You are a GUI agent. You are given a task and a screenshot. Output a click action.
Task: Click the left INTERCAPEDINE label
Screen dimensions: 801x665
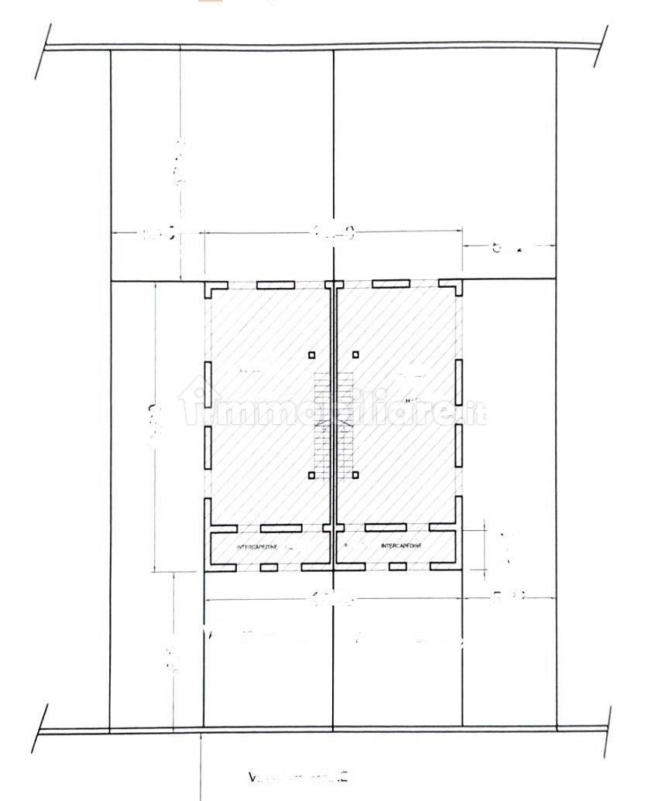pyautogui.click(x=256, y=547)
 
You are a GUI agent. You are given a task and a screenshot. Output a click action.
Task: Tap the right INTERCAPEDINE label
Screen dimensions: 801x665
pyautogui.click(x=402, y=546)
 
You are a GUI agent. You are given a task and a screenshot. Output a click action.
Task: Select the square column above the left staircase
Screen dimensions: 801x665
pyautogui.click(x=312, y=355)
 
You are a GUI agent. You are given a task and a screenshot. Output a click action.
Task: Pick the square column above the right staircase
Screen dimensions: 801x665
pyautogui.click(x=356, y=355)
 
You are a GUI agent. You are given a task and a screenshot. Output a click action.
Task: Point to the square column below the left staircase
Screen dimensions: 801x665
pyautogui.click(x=312, y=475)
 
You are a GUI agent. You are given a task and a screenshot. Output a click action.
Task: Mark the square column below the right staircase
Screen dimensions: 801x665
pyautogui.click(x=356, y=475)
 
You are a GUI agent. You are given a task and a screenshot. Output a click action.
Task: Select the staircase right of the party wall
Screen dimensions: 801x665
pyautogui.click(x=345, y=422)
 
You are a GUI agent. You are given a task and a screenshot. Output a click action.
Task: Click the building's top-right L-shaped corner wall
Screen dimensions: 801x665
pyautogui.click(x=456, y=288)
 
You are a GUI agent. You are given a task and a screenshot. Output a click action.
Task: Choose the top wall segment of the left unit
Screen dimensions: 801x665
pyautogui.click(x=274, y=285)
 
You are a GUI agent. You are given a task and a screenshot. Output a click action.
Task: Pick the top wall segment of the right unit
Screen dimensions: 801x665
pyautogui.click(x=390, y=284)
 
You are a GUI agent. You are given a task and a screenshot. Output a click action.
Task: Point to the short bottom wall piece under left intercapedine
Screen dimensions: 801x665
pyautogui.click(x=269, y=567)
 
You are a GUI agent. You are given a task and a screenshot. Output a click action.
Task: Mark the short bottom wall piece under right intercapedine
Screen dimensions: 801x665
pyautogui.click(x=398, y=567)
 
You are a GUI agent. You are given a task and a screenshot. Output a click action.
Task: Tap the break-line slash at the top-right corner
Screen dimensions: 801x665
pyautogui.click(x=601, y=46)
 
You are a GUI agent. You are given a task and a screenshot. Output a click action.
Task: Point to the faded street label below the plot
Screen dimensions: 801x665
pyautogui.click(x=299, y=776)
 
